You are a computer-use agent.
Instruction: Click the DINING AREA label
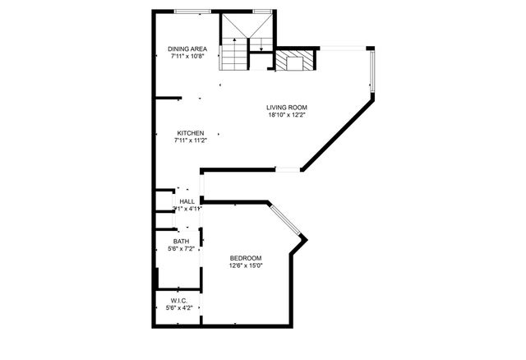coord(188,49)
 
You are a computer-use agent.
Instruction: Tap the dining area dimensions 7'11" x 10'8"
coord(188,58)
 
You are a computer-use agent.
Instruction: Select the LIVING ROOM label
coord(286,107)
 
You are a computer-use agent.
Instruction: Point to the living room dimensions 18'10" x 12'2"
coord(286,115)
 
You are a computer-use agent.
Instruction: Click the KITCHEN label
coord(190,132)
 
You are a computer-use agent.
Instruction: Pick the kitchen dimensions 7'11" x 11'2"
coord(190,141)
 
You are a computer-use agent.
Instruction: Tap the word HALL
coord(187,201)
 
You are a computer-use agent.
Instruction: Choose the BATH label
coord(180,241)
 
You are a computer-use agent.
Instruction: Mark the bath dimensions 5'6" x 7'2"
coord(180,248)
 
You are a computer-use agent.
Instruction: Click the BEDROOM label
coord(245,257)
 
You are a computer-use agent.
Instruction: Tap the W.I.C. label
coord(179,301)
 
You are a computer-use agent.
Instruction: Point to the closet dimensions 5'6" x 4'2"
coord(179,308)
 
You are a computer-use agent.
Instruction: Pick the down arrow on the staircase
coord(261,44)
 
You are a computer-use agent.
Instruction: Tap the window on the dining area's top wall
coord(196,11)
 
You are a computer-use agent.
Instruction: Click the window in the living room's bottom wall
coord(288,170)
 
